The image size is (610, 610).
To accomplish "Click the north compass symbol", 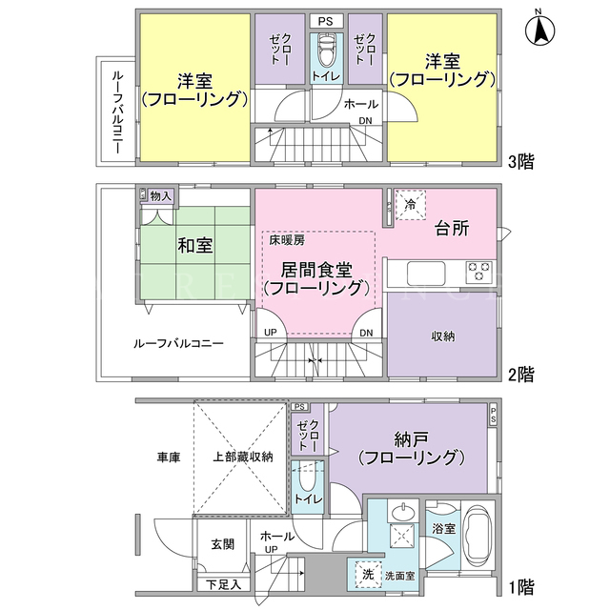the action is click(540, 29).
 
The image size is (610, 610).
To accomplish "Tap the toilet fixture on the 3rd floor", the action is click(326, 51).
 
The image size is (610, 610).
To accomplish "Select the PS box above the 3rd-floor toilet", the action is click(326, 21).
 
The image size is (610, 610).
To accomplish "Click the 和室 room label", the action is click(194, 246).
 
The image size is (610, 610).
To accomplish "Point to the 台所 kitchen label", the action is click(451, 229).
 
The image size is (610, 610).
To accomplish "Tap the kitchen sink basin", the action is click(426, 274).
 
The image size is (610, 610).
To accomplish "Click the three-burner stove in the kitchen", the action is click(478, 271).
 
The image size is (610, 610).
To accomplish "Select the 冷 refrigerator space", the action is click(411, 205).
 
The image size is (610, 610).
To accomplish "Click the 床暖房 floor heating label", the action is click(287, 240).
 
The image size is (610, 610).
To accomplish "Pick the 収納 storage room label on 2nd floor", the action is click(442, 336).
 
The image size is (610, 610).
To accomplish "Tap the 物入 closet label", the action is click(161, 195).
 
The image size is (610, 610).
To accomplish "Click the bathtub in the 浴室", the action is click(478, 536).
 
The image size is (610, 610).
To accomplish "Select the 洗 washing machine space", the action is click(369, 575).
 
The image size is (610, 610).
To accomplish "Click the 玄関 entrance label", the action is click(222, 544).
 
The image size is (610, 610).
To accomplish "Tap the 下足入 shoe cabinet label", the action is click(223, 584).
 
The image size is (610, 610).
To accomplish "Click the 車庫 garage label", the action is click(169, 457).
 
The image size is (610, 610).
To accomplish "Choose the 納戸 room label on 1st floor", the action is click(411, 439).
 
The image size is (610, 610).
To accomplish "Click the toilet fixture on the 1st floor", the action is click(307, 479).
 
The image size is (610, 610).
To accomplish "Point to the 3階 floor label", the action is click(521, 161).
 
